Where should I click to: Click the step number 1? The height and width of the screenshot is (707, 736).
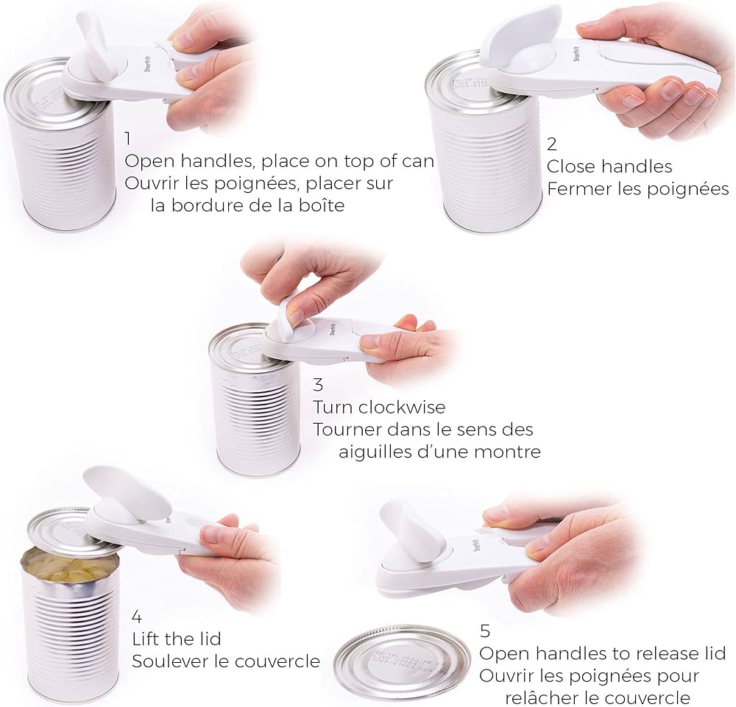click(128, 139)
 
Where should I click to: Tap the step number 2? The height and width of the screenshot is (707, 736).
click(552, 145)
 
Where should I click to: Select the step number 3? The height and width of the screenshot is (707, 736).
click(318, 384)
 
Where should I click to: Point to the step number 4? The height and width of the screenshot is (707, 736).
click(136, 616)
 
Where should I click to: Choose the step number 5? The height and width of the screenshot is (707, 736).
click(484, 630)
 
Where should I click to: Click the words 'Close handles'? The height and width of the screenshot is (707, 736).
click(609, 167)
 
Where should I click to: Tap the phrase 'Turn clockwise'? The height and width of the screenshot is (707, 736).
click(379, 407)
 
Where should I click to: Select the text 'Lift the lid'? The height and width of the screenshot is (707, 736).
click(176, 639)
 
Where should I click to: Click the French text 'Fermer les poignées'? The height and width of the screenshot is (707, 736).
click(637, 189)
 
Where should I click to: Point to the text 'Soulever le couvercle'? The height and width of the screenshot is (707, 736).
click(225, 661)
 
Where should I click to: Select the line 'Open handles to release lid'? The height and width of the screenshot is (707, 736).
click(602, 653)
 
